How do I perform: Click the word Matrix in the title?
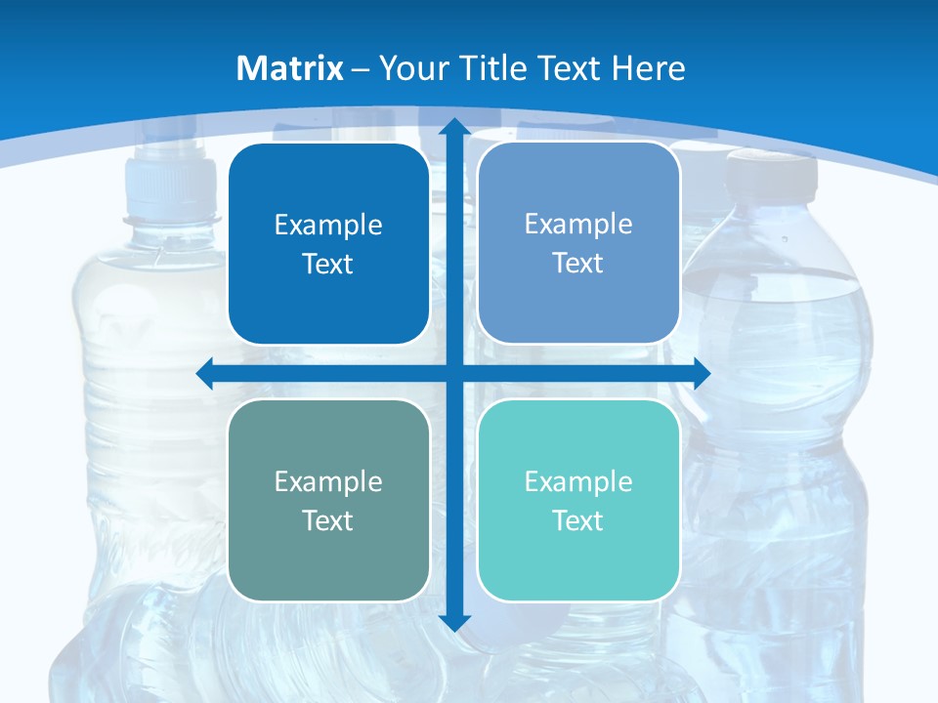point(290,68)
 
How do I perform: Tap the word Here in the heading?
point(648,68)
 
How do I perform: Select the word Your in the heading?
point(411,68)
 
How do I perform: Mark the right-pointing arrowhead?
point(701,373)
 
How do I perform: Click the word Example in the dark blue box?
point(328,226)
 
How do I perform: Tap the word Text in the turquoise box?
point(578,520)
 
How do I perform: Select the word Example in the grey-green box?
point(328,481)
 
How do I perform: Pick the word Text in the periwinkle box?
point(578,264)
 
